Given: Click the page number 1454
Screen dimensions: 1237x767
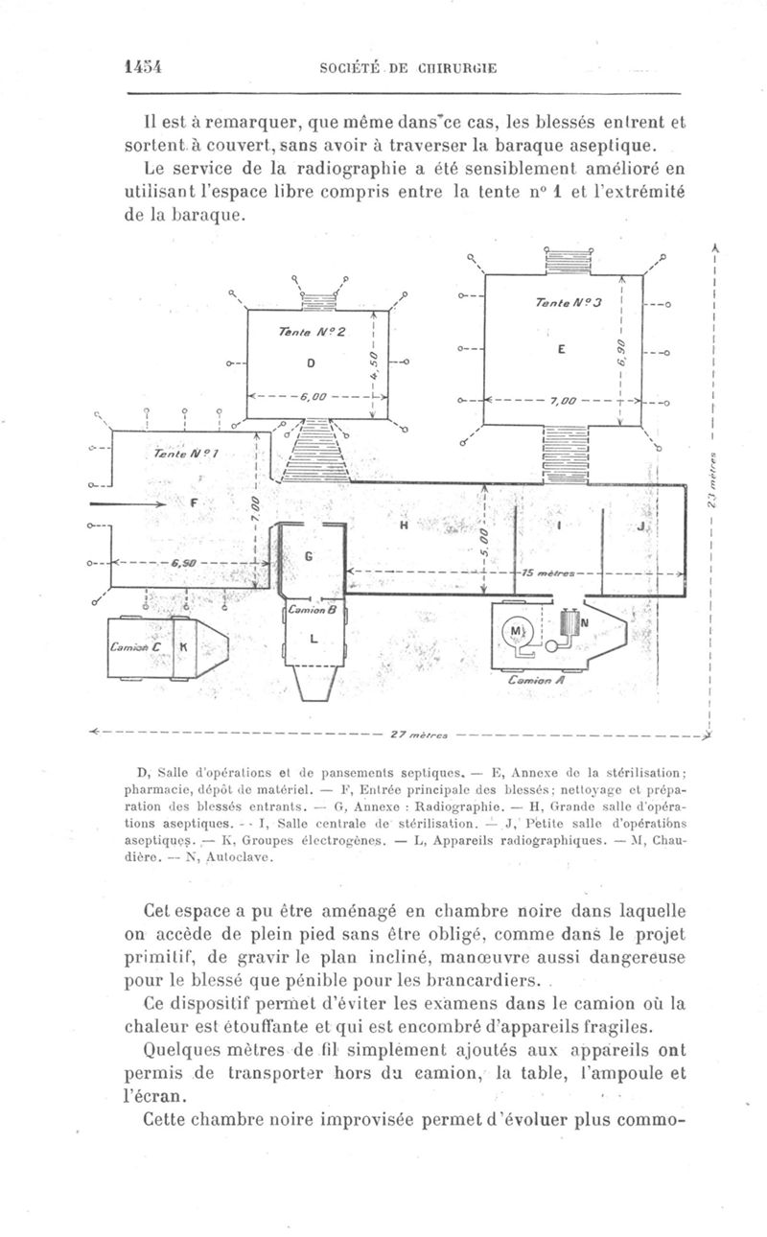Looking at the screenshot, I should (141, 66).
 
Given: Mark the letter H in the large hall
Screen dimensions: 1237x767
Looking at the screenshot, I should (404, 525).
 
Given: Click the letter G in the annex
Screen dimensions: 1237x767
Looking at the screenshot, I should (309, 556).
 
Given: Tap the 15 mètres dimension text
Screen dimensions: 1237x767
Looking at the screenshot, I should (543, 572).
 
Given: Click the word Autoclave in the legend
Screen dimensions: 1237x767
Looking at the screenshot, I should (241, 857).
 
